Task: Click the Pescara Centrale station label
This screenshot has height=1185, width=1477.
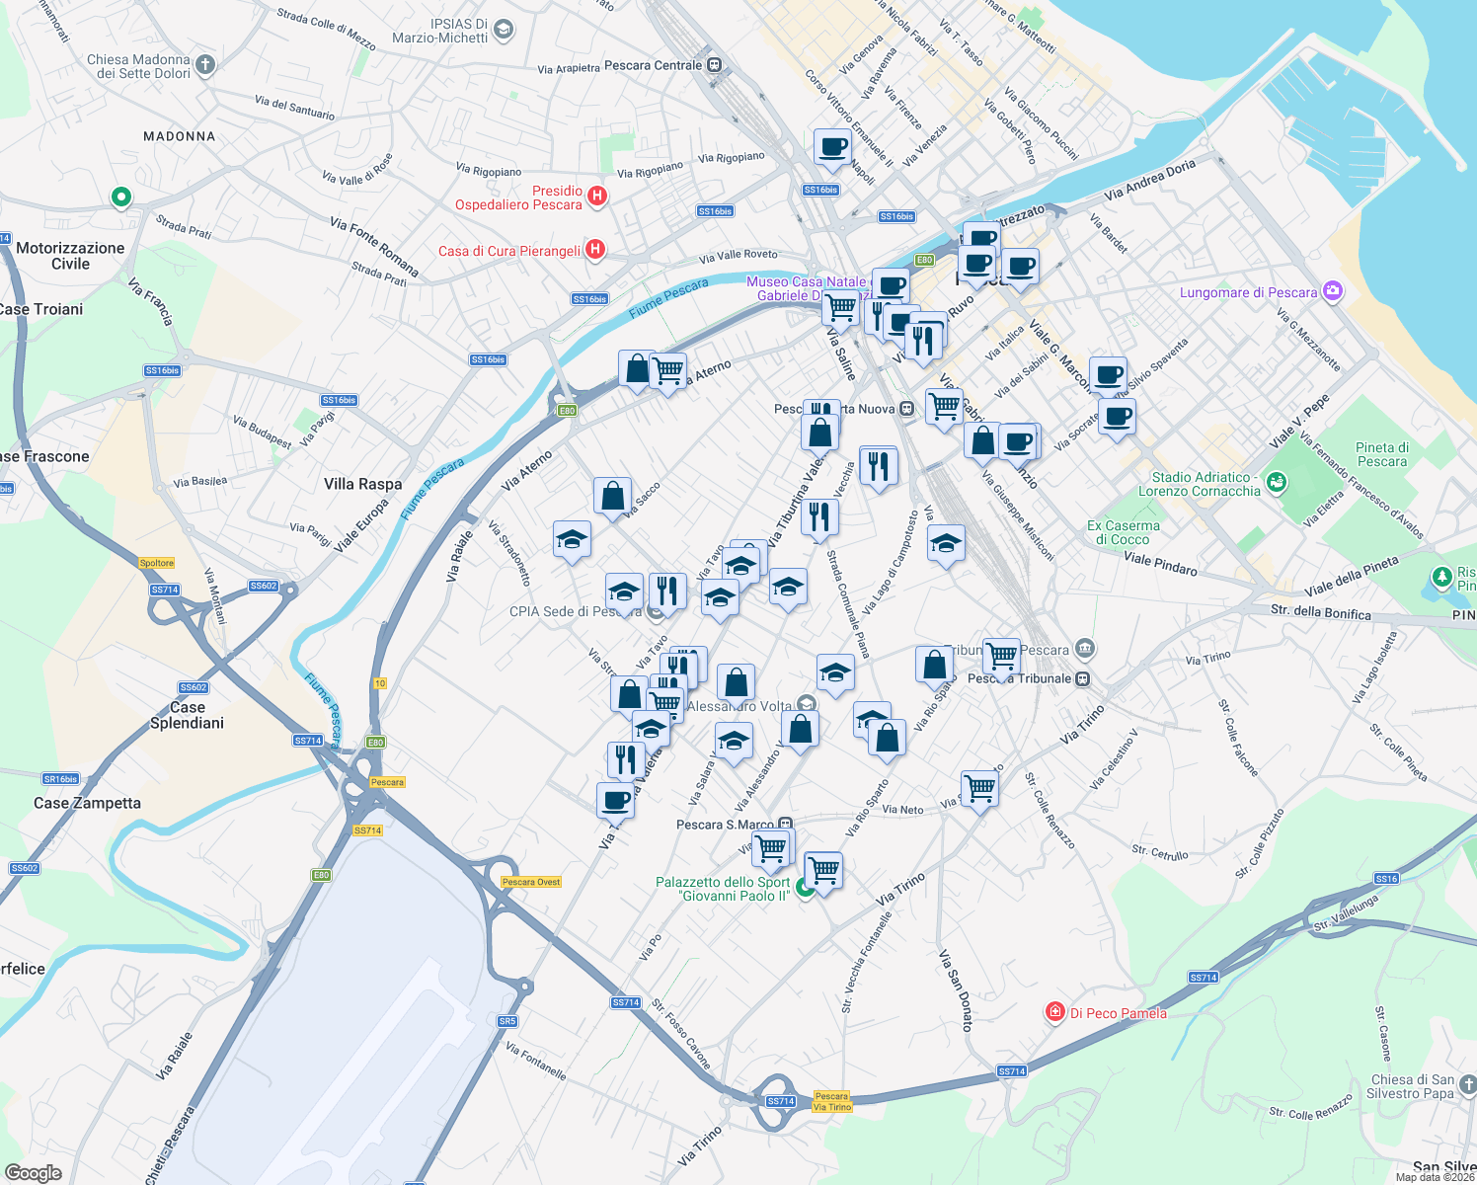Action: pos(654,65)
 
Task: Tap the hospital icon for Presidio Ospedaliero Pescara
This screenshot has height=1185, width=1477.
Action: pos(597,196)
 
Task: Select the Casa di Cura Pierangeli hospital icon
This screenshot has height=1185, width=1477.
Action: pos(594,249)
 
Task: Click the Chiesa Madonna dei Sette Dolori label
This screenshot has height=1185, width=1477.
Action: pos(138,66)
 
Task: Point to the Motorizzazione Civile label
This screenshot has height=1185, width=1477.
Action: pos(70,256)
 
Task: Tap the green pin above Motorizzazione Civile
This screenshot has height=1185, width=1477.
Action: pos(120,197)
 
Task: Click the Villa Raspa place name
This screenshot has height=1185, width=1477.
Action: pos(362,484)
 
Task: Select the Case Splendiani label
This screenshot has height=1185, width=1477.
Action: pos(187,715)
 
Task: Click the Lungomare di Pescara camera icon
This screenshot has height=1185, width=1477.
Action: pos(1333,290)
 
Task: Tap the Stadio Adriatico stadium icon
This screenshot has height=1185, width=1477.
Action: pos(1277,482)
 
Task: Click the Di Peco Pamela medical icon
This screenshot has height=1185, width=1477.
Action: pos(1055,1012)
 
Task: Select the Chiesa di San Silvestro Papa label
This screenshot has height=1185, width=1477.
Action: pos(1412,1086)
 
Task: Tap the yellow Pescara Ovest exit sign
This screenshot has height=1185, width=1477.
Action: pos(531,882)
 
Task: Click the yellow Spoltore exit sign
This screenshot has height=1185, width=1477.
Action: pos(157,563)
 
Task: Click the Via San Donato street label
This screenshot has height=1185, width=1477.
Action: pos(957,989)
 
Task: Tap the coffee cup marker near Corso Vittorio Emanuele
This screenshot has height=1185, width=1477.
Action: pos(832,147)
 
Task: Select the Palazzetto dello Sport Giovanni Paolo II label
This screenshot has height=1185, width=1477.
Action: pos(723,889)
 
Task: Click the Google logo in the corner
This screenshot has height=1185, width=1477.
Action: pos(33,1173)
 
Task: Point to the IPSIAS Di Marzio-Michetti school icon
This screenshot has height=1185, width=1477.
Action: pos(504,30)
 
